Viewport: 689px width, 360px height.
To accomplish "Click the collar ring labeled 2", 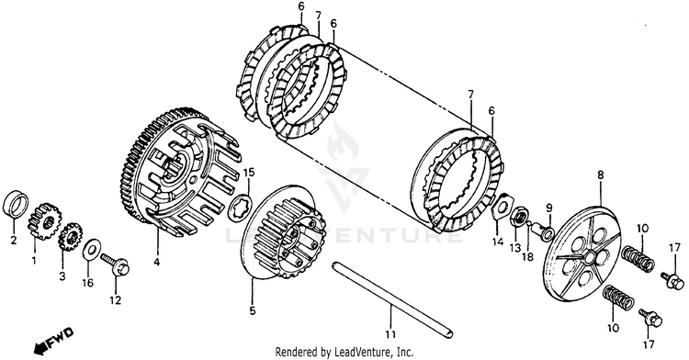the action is [16, 203].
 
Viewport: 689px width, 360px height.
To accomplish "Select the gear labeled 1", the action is [44, 220].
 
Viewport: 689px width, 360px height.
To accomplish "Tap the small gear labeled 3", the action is [71, 237].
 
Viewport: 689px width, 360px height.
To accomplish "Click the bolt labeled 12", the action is [115, 264].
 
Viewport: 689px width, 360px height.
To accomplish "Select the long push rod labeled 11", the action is [393, 300].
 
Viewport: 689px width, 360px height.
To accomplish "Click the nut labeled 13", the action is [518, 218].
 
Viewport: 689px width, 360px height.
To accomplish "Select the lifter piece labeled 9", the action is [545, 231].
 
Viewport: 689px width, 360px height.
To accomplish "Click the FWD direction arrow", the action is [52, 339].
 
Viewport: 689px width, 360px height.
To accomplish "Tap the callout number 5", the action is [253, 310].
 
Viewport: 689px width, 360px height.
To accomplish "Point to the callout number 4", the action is [157, 263].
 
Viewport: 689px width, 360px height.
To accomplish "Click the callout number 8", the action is [600, 174].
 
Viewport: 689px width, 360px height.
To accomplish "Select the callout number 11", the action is [390, 334].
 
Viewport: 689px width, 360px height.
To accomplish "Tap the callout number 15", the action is [249, 172].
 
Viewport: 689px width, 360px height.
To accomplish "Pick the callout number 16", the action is [87, 283].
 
